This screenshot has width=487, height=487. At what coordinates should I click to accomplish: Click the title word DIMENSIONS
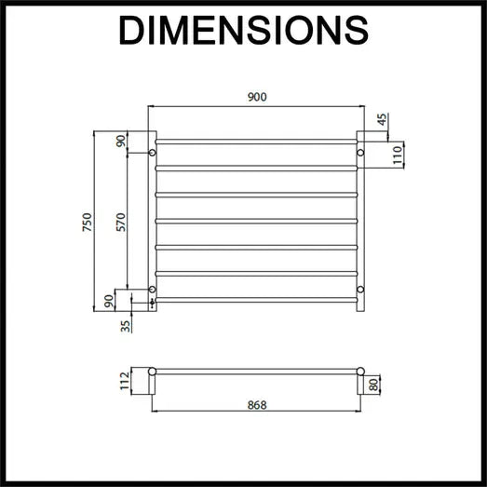pyautogui.click(x=243, y=30)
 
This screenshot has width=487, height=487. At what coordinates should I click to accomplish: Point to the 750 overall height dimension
pyautogui.click(x=86, y=223)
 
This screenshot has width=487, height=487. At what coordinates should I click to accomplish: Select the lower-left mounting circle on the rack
pyautogui.click(x=152, y=290)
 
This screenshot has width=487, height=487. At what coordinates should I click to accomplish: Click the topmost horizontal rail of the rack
pyautogui.click(x=256, y=142)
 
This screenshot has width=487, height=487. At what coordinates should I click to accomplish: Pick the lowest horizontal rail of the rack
pyautogui.click(x=256, y=300)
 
